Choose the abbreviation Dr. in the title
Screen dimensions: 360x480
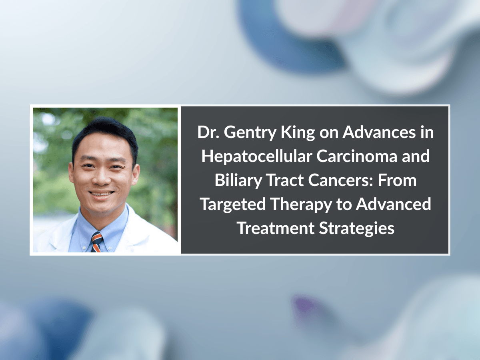(208, 133)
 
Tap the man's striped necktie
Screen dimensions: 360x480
(96, 241)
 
